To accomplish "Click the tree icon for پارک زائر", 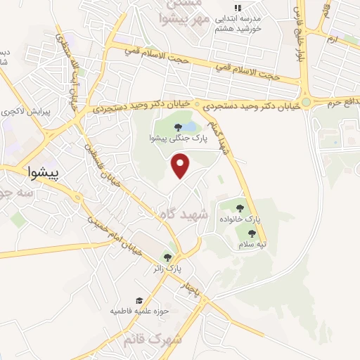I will click(x=167, y=257).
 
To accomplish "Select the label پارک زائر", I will click(x=167, y=269).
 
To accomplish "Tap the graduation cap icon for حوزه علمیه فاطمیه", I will click(x=139, y=300).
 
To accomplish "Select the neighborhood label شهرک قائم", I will click(x=150, y=341).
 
